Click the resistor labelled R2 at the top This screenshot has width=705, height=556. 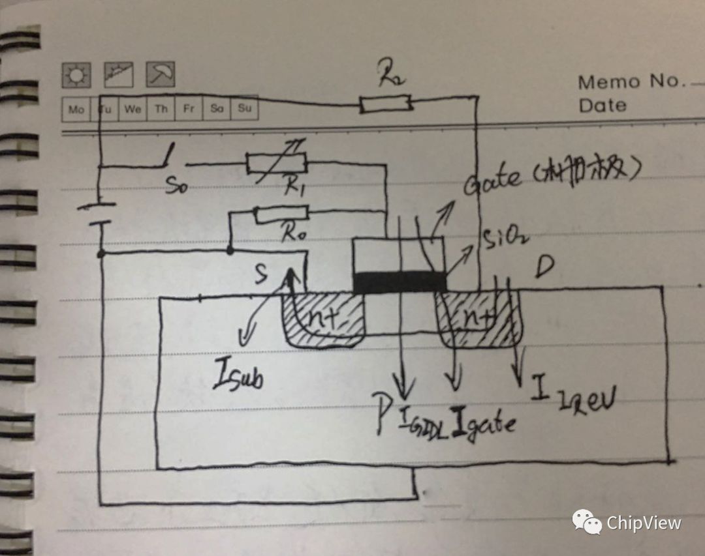(x=385, y=103)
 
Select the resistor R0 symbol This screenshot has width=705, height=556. (x=281, y=214)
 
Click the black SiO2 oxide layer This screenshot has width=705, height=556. (x=399, y=282)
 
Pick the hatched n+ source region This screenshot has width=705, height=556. (x=323, y=319)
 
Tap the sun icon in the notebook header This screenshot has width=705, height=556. (x=76, y=76)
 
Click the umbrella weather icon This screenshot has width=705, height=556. (x=160, y=75)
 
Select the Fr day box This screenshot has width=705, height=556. (x=188, y=109)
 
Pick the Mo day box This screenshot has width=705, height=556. (x=76, y=109)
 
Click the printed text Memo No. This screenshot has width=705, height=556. (x=632, y=82)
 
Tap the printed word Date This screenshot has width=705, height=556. (x=602, y=105)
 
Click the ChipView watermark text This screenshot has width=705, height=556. (x=644, y=523)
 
